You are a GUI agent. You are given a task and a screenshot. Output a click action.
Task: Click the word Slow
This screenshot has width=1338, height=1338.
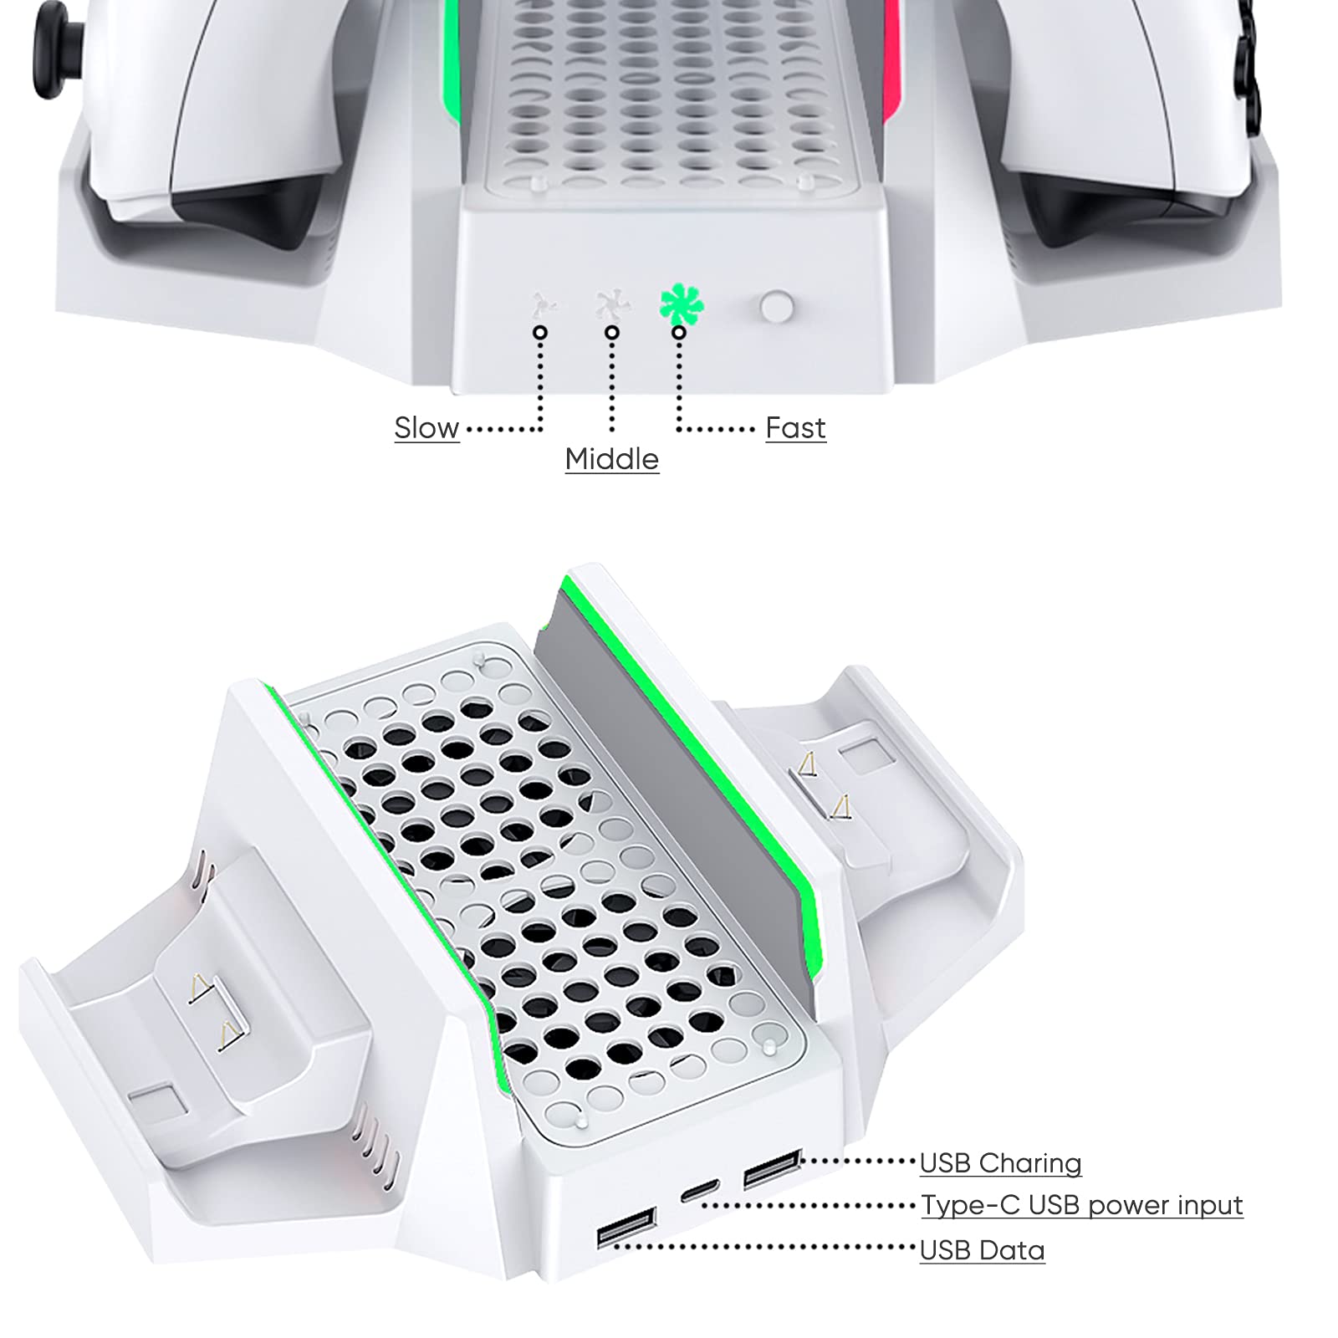coord(426,428)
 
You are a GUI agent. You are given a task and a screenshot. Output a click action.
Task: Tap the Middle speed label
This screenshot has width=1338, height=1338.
coord(611,459)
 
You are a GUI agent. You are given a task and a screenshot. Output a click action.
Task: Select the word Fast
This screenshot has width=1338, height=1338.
coord(795,428)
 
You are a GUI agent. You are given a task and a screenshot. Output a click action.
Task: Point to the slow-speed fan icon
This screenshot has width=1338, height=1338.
coord(544,305)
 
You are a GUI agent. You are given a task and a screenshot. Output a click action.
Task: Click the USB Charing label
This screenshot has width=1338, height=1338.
coord(1000,1163)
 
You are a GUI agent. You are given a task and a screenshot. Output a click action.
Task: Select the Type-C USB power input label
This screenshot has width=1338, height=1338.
coord(1081,1205)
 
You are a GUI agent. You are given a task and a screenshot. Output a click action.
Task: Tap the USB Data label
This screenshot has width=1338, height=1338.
coord(982,1250)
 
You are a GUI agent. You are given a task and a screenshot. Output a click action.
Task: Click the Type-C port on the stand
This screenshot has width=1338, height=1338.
coord(699,1191)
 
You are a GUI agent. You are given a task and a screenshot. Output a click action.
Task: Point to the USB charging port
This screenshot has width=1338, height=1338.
coord(772,1168)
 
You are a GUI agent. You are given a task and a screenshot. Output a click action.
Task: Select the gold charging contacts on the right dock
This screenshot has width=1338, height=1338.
coord(824,786)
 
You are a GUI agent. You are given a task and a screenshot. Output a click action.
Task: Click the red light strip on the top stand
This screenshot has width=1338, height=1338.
coord(891,59)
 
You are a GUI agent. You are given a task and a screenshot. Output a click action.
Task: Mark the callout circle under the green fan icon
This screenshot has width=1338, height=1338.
coord(679,333)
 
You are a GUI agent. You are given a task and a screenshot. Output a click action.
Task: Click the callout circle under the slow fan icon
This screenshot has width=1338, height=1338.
coord(540,333)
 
